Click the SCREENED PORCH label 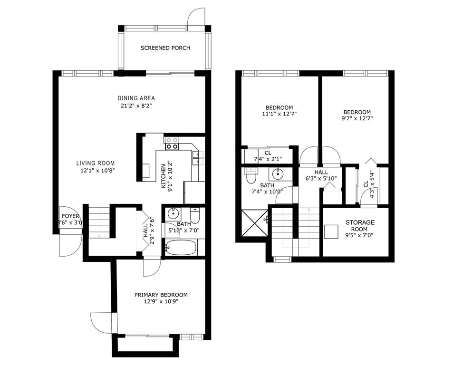(165, 48)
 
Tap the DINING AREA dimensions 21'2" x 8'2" (136, 106)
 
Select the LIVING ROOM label (96, 163)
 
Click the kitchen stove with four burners (172, 143)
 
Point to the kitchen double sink (197, 158)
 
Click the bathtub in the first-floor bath (181, 248)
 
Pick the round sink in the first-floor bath (173, 214)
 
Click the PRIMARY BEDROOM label (161, 295)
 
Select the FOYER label (70, 216)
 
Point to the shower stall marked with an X (254, 223)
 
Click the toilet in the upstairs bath (251, 176)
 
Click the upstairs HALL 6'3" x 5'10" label (321, 175)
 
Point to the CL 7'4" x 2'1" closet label (268, 156)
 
